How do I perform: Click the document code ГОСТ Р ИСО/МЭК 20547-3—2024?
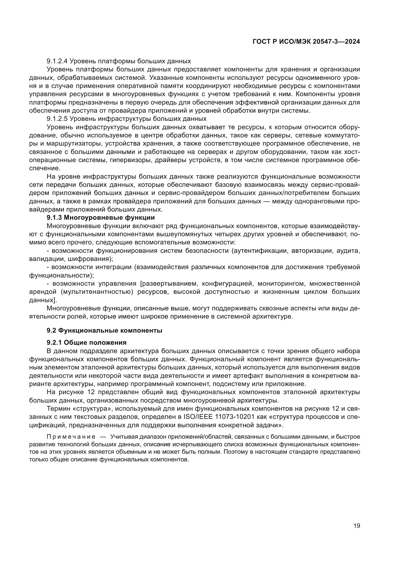[x=306, y=42]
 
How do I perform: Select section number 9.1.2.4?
[x=57, y=61]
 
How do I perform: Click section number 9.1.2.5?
[x=57, y=119]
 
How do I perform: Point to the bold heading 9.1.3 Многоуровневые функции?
[x=100, y=217]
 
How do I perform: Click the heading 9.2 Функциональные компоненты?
[x=104, y=331]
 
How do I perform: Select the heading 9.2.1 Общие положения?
[x=86, y=343]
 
